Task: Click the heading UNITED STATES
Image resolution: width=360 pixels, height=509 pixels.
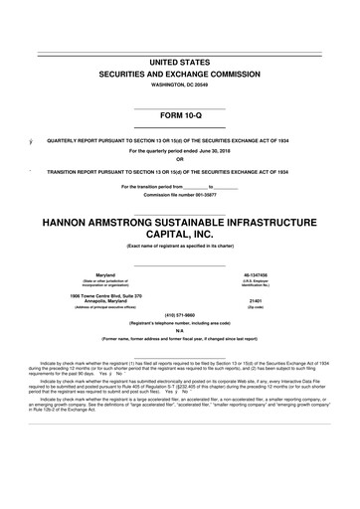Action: [179, 63]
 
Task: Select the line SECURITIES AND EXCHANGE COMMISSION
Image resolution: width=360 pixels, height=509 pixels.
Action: [179, 76]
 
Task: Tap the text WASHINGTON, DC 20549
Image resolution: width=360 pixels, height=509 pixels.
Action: [179, 86]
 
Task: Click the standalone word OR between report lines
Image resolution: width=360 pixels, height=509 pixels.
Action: [179, 161]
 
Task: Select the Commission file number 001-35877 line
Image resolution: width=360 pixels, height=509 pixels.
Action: [179, 195]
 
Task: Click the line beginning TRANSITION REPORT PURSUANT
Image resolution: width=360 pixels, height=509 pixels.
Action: [179, 171]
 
